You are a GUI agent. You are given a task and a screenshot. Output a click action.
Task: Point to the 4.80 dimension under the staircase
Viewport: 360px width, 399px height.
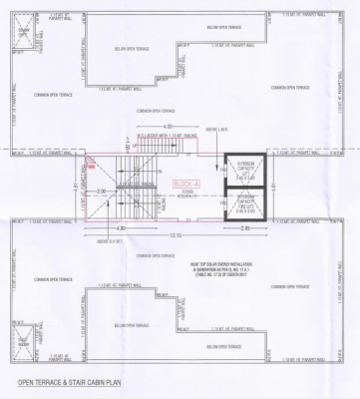[121, 228]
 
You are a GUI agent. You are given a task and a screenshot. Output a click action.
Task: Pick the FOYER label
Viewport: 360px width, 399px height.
[186, 194]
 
